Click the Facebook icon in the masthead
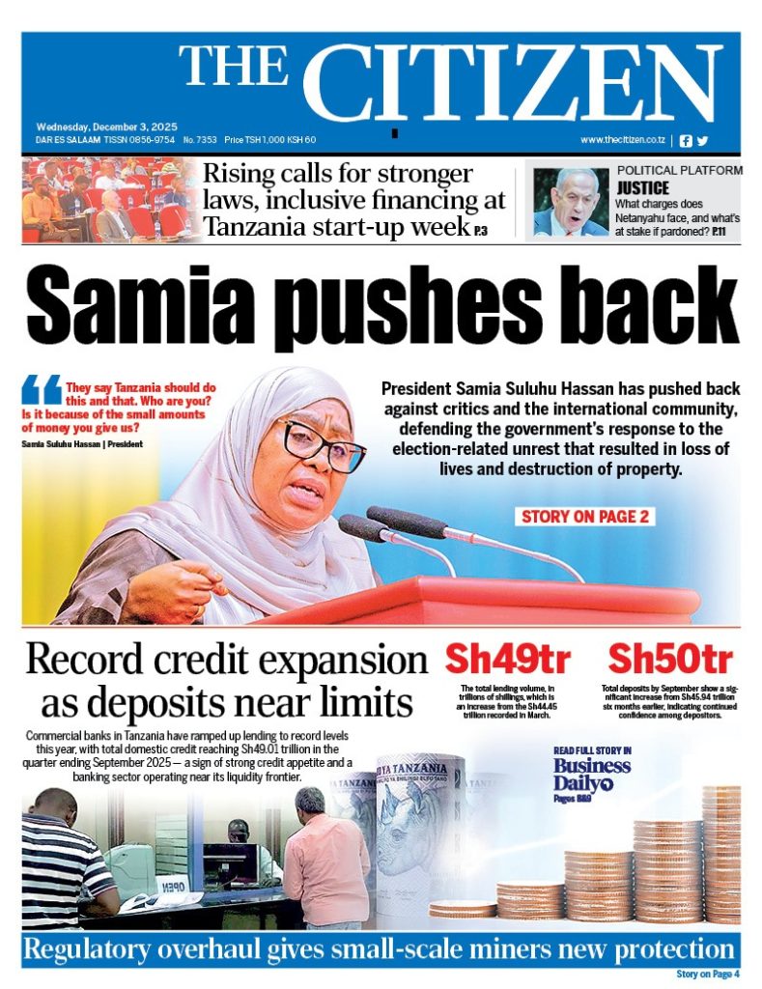click(686, 140)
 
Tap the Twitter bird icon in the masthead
click(702, 140)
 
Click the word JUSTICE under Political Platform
click(642, 188)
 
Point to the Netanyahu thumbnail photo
click(571, 202)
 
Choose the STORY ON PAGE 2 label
click(584, 517)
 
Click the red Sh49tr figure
click(507, 661)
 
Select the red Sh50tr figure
click(670, 661)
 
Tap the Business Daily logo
click(592, 774)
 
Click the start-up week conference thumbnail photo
click(108, 202)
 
